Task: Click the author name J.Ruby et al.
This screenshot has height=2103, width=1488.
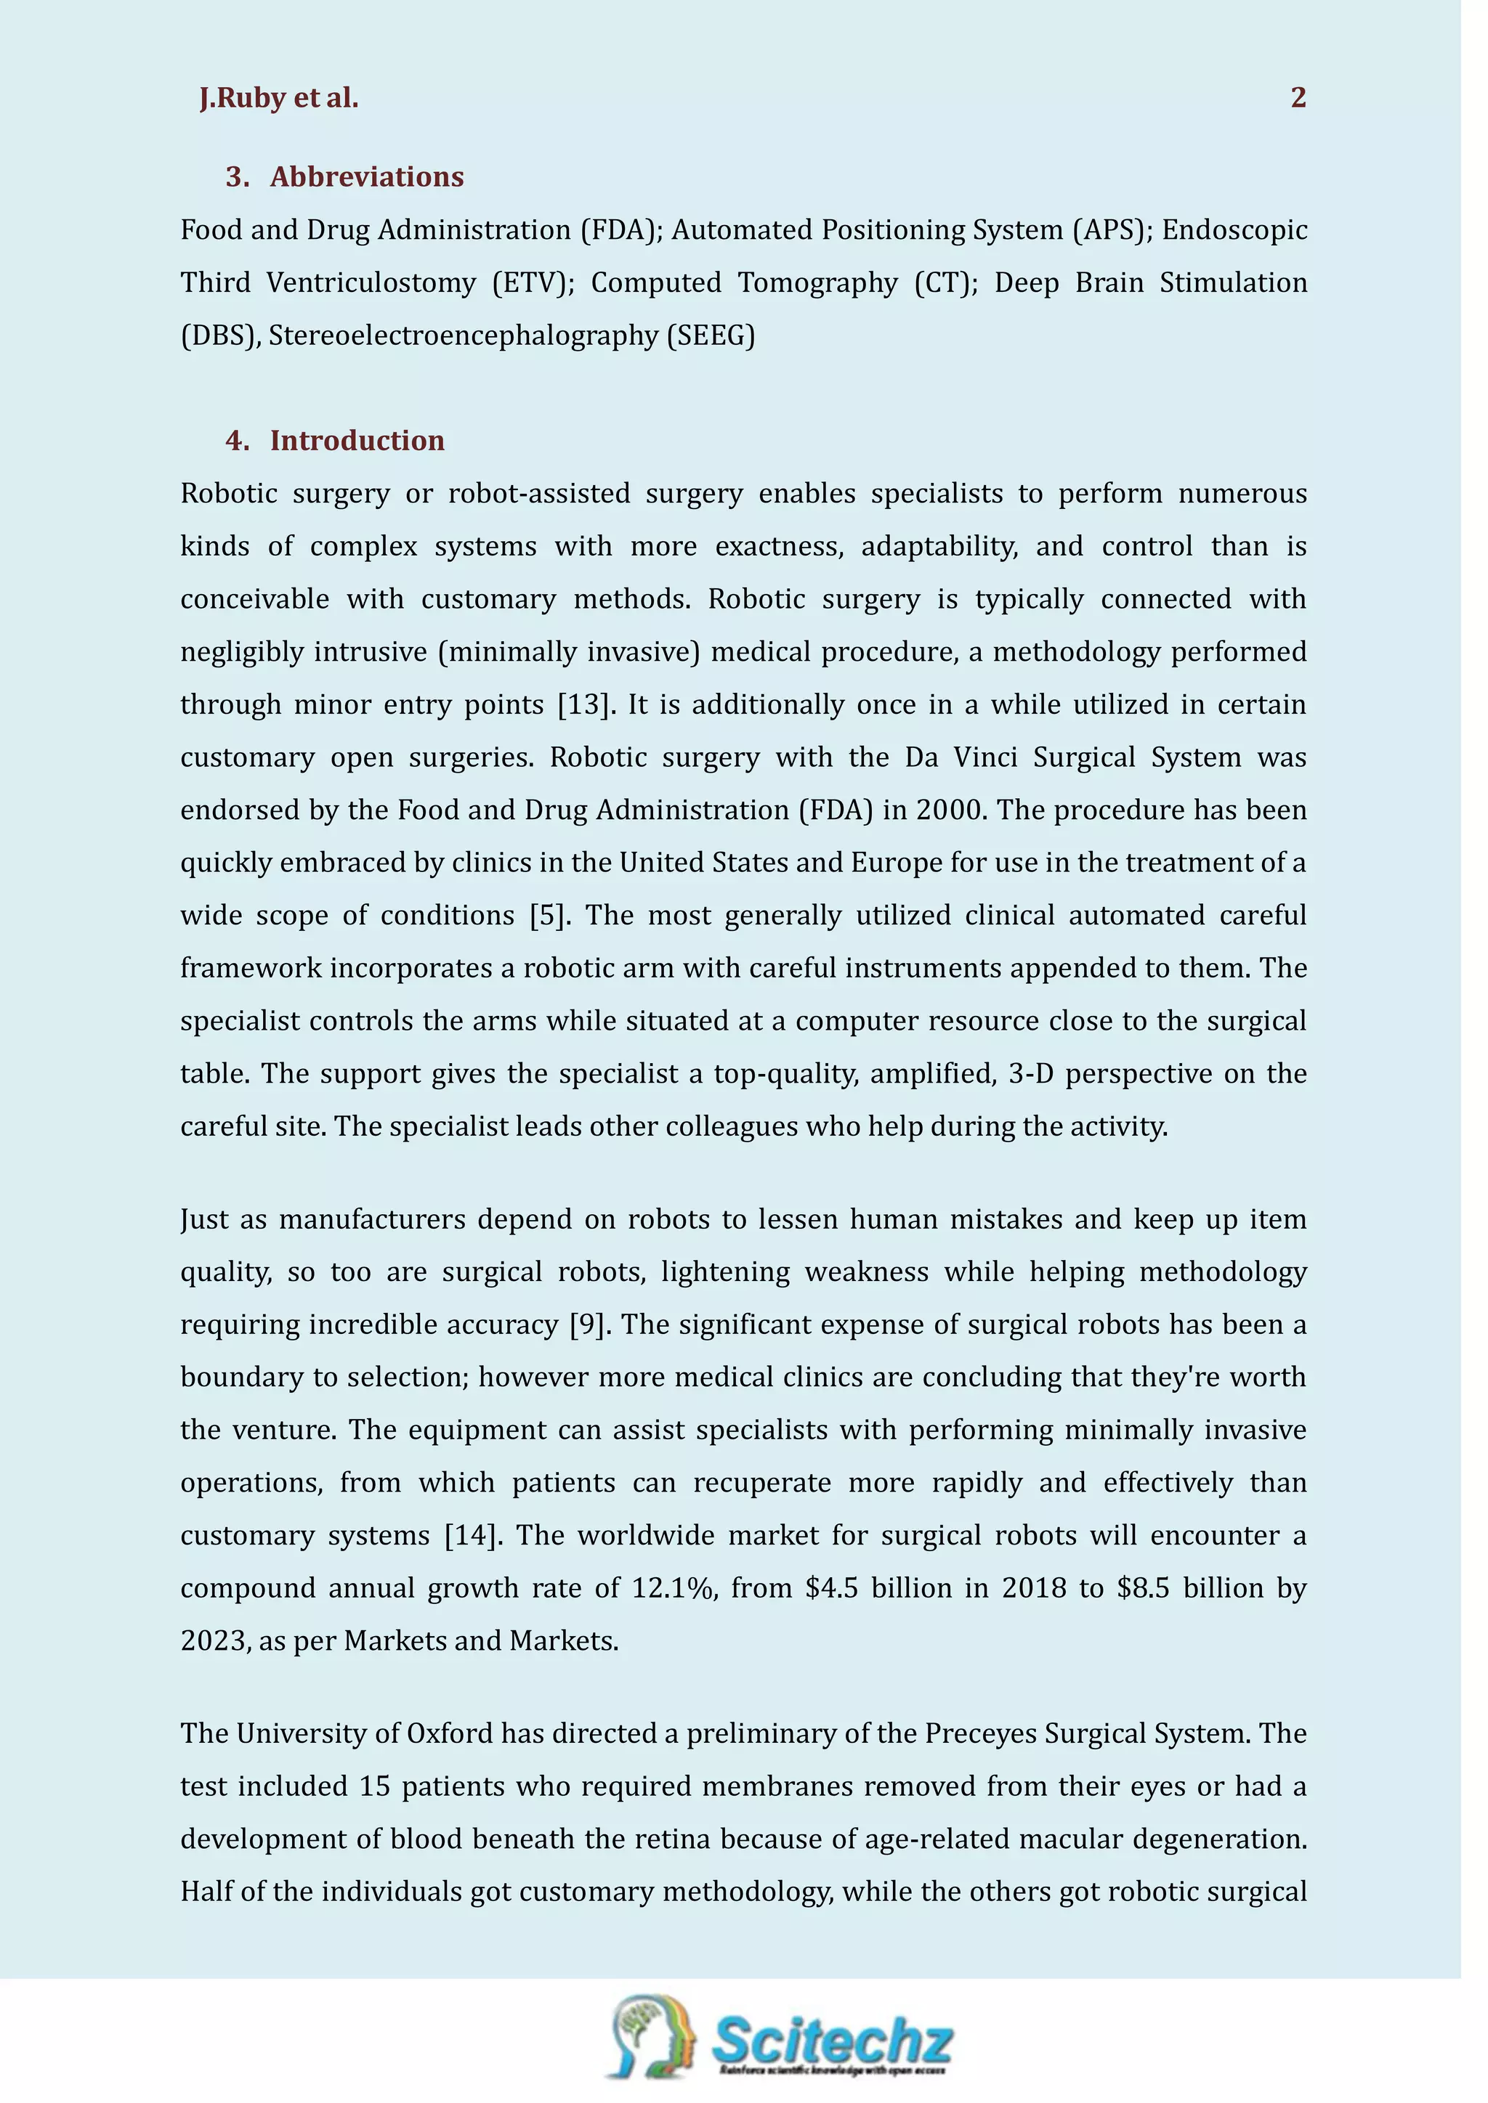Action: point(278,98)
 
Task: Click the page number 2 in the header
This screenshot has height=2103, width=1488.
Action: point(1298,98)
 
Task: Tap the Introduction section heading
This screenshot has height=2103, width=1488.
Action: point(357,441)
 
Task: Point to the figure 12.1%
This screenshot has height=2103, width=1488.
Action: point(673,1588)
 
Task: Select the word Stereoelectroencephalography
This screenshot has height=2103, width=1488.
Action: point(464,336)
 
